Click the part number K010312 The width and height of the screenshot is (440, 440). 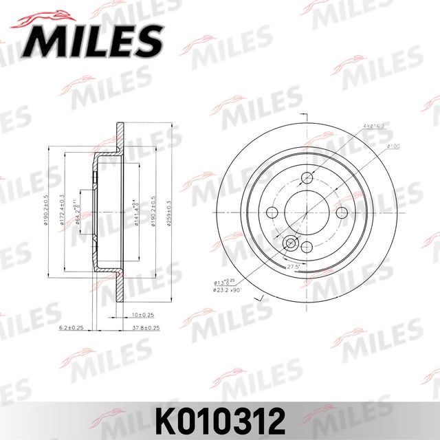[219, 417]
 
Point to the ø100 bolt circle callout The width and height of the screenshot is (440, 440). [393, 146]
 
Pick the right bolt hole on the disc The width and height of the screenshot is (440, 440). [341, 212]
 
